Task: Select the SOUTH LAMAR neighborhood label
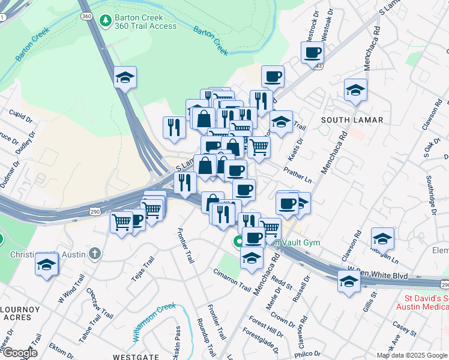[352, 120]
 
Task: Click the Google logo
[19, 353]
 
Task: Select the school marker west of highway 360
[125, 77]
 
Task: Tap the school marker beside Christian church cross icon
[46, 264]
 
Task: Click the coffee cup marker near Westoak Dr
[312, 53]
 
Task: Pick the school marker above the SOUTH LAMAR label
[355, 90]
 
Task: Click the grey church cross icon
[94, 254]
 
